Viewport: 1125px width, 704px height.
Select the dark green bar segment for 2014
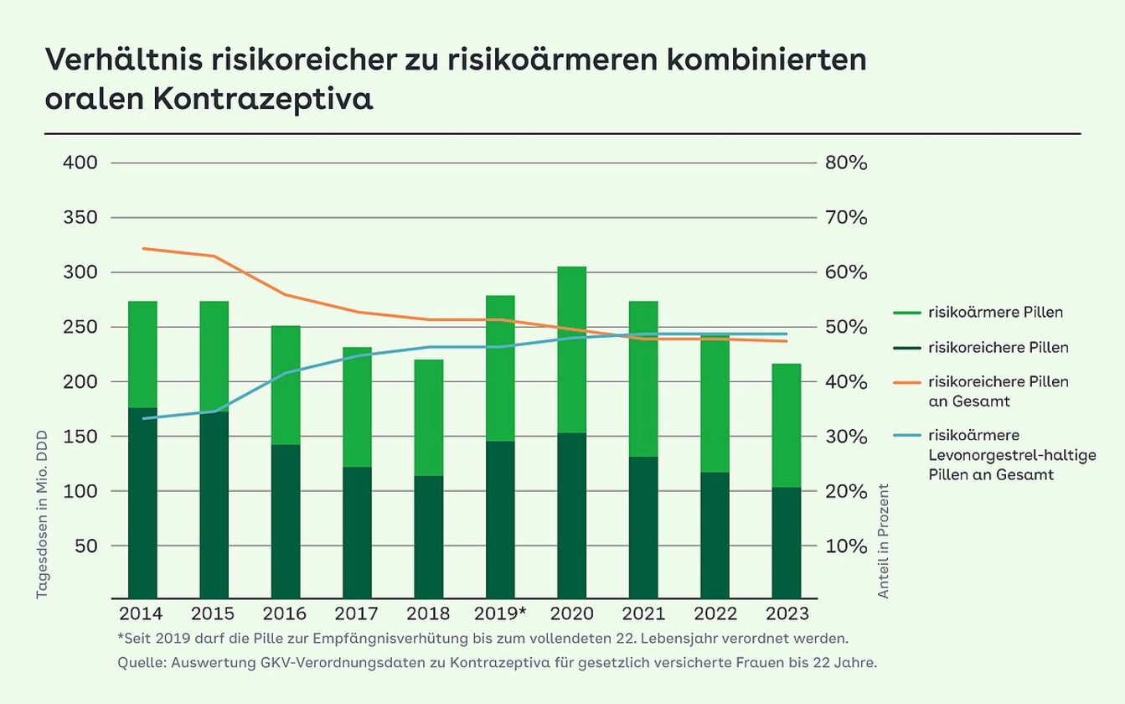pos(142,503)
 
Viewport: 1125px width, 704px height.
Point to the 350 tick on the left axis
pos(81,218)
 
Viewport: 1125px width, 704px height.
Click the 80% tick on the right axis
pos(846,163)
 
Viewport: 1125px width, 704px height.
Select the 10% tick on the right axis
pos(846,546)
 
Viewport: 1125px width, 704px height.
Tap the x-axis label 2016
pos(284,613)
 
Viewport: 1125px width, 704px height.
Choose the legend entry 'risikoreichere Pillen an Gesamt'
pos(998,391)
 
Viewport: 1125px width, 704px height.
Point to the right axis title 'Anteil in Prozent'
pos(883,541)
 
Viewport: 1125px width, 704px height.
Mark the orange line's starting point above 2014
pos(143,248)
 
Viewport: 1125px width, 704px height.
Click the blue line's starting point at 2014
pos(143,418)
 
